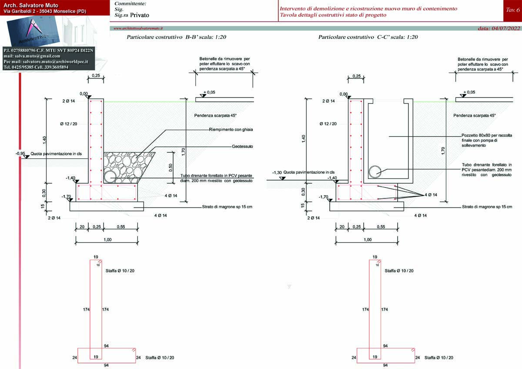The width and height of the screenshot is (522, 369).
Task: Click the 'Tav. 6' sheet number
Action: click(x=512, y=9)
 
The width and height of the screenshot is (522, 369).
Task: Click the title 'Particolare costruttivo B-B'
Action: click(x=176, y=37)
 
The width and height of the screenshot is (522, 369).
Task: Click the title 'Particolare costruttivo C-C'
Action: click(x=368, y=37)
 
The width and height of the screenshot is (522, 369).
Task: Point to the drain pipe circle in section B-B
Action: click(x=110, y=176)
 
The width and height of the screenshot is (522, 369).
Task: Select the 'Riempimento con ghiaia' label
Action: click(x=231, y=130)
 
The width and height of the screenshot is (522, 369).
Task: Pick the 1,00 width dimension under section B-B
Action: click(x=107, y=240)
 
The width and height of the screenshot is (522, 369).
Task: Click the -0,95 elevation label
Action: click(x=20, y=154)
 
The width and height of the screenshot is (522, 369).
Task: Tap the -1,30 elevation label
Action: click(x=277, y=173)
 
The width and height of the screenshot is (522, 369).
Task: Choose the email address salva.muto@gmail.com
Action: click(x=32, y=56)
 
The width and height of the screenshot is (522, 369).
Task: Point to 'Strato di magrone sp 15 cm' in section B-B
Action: click(x=227, y=207)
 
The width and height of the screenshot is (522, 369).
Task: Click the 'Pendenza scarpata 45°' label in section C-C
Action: click(x=474, y=116)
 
